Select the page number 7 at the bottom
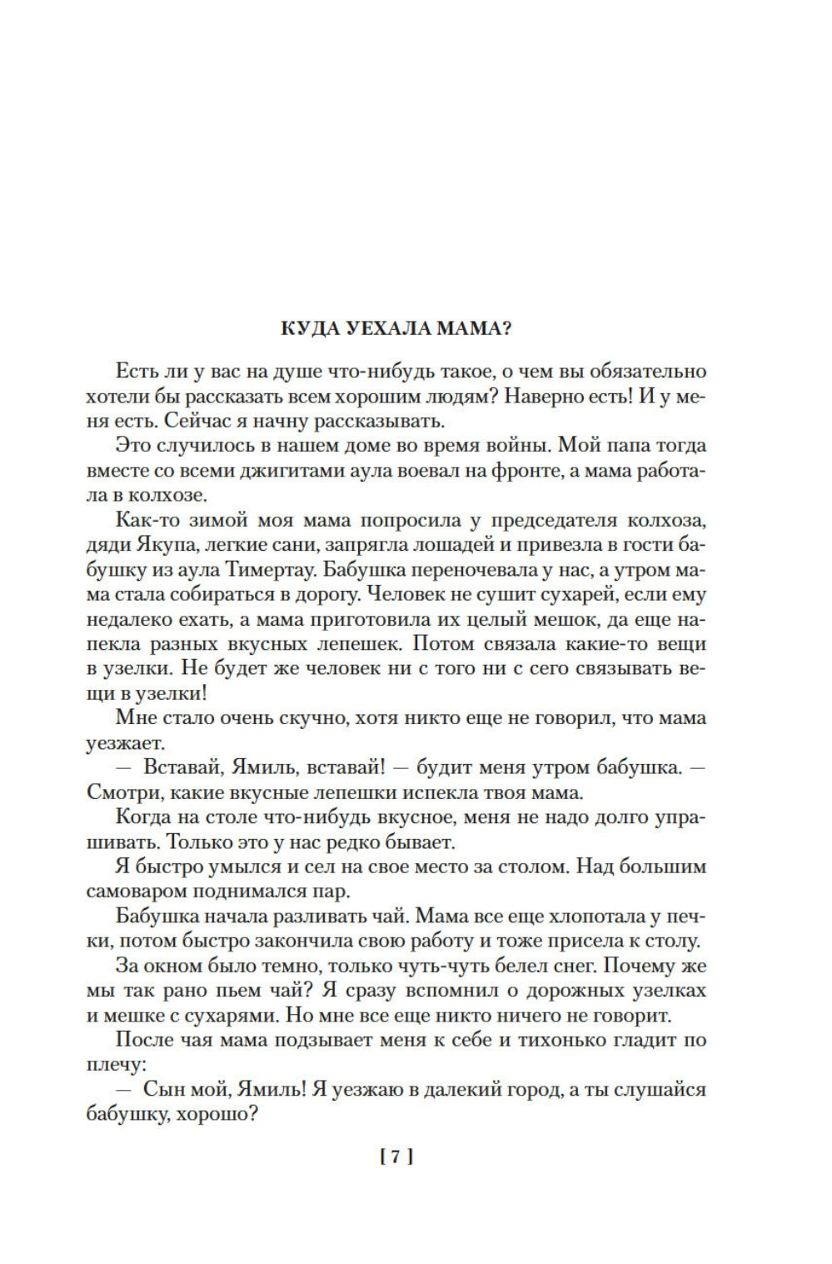(396, 1157)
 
